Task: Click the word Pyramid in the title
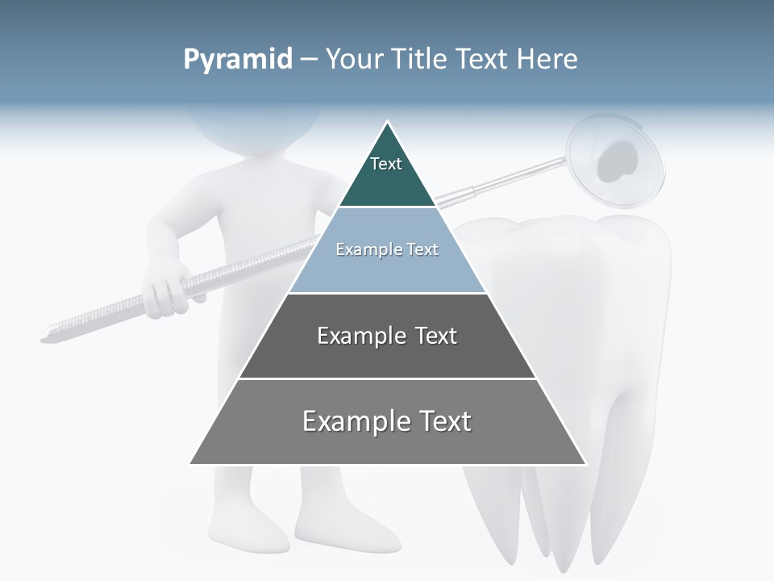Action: click(238, 60)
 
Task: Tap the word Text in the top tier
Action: click(386, 164)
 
